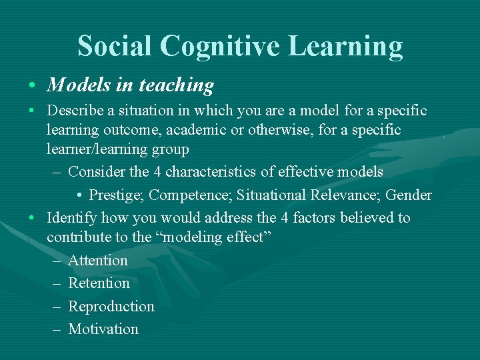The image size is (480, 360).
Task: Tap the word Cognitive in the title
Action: [x=214, y=47]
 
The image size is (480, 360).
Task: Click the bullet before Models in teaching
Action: [x=32, y=87]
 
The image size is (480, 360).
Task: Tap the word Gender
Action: [x=409, y=195]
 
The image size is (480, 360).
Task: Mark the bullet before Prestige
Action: [x=79, y=195]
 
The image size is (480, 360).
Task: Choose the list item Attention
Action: [x=98, y=261]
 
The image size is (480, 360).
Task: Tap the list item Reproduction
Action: [x=111, y=307]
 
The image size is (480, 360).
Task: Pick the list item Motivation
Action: [x=103, y=329]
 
